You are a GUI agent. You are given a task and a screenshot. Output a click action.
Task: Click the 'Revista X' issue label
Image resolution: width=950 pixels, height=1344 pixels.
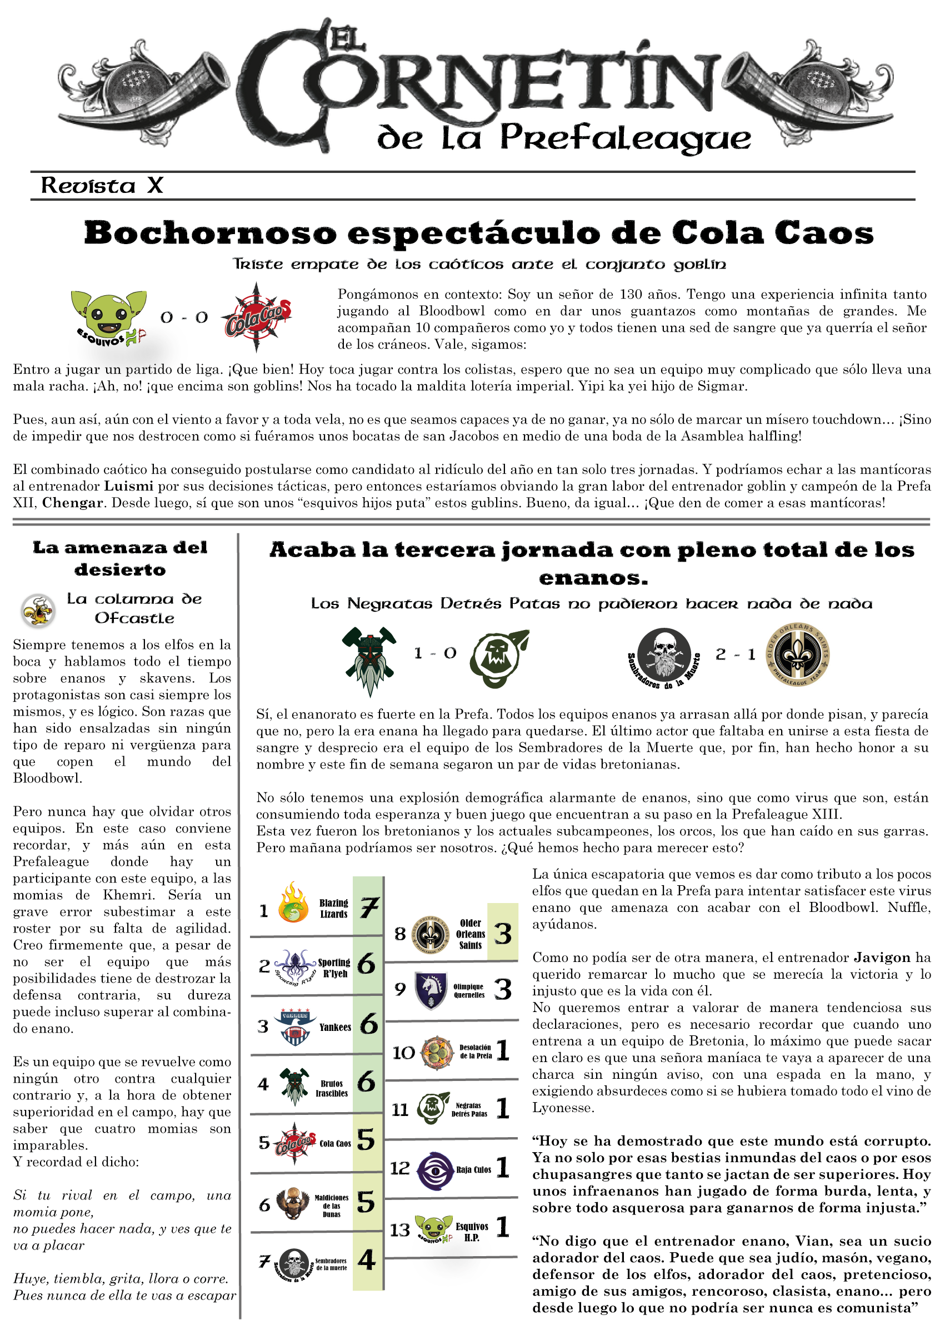coord(102,186)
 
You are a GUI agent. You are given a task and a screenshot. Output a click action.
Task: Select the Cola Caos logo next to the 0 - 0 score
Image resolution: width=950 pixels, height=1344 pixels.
coord(257,318)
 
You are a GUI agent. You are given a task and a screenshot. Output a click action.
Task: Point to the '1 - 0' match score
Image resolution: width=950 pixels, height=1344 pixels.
coord(434,653)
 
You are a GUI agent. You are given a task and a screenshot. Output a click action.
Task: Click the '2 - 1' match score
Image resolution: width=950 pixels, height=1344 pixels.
coord(736,654)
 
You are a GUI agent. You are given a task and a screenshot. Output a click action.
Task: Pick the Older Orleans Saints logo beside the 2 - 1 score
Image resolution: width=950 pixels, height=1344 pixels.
coord(798,654)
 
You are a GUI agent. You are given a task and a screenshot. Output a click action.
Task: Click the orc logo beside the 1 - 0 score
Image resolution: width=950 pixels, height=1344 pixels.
coord(498,658)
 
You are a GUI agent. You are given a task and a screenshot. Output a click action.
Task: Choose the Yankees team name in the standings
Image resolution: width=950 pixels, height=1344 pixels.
coord(335,1027)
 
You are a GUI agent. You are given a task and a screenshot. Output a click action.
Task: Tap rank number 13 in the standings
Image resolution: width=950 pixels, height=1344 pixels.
coord(400,1230)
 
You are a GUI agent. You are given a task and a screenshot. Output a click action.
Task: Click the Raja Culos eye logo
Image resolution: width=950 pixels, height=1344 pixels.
coord(434,1170)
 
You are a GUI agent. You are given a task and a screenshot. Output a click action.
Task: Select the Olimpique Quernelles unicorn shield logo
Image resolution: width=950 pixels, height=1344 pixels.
coord(431,990)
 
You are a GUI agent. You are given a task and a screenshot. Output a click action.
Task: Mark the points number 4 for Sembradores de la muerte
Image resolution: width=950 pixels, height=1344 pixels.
coord(367,1259)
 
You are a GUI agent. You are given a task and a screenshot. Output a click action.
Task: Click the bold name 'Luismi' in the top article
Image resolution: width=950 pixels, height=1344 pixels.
coord(129,486)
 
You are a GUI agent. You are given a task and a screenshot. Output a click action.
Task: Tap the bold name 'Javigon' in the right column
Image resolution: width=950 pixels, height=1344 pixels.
coord(882,958)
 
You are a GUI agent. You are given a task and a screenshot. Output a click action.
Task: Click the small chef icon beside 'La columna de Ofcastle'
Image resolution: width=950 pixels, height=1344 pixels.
coord(38,611)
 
